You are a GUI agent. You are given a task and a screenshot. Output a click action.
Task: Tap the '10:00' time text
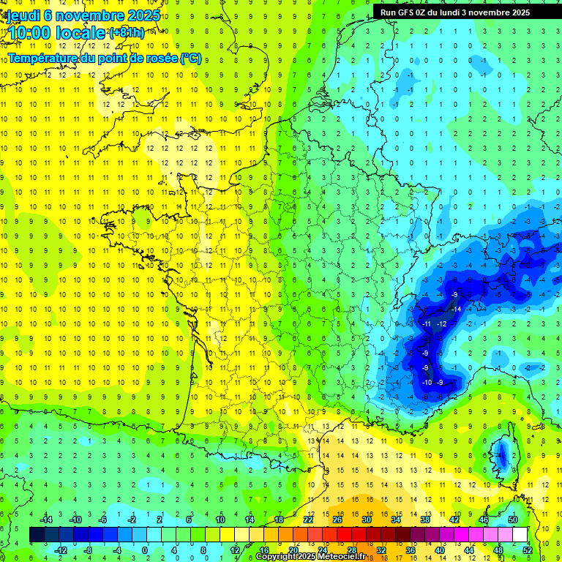coord(29,33)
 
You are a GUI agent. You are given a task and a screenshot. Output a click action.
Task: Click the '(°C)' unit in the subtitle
coord(190,57)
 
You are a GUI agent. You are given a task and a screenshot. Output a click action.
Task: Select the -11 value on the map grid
coord(426,323)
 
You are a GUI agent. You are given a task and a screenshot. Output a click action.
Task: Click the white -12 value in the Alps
coord(441,323)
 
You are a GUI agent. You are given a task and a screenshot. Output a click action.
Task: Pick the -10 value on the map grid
coord(427,382)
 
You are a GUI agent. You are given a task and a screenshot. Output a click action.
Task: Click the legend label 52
coord(527,550)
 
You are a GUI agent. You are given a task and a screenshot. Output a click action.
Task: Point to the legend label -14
coord(45,520)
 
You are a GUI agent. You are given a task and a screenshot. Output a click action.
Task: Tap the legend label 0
coord(144,550)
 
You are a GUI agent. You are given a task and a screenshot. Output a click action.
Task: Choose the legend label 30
coord(367,520)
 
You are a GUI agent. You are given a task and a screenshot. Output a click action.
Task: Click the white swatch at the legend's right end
coord(520,535)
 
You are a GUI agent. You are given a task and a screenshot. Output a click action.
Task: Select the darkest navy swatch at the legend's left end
coord(37,535)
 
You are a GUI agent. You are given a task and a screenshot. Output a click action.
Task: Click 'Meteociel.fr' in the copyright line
coord(339,557)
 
